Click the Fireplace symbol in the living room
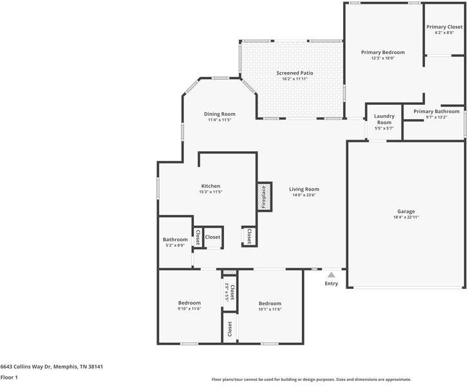(263, 196)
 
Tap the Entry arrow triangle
(332, 275)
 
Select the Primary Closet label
(444, 27)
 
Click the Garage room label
(406, 211)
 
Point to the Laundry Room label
(384, 119)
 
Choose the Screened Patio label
(295, 73)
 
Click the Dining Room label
(220, 114)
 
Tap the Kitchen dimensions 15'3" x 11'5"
(211, 192)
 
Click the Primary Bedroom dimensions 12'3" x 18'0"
(382, 58)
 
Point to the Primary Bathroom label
(436, 111)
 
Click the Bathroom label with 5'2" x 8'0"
(175, 239)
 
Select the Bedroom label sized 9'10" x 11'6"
(189, 302)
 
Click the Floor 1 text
(9, 378)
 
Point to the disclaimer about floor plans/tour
(311, 380)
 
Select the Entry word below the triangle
(331, 284)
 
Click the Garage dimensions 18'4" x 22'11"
(406, 217)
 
